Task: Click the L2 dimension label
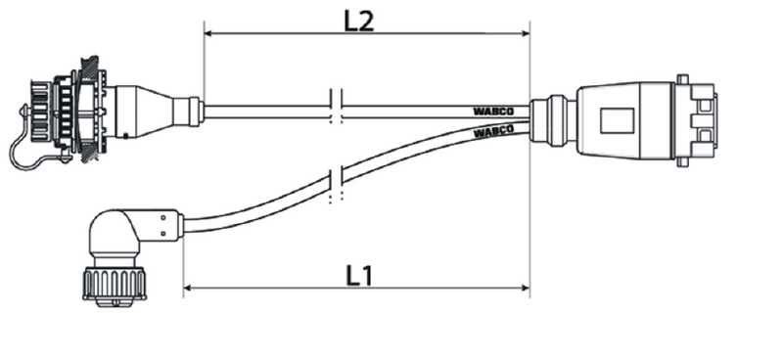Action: (359, 21)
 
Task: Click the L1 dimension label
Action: (359, 275)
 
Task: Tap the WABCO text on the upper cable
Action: (493, 112)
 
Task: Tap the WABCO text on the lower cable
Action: (493, 132)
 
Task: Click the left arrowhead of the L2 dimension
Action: (209, 33)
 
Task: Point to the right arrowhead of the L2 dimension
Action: (525, 33)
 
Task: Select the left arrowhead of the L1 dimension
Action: (189, 288)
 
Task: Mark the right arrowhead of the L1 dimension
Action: (525, 288)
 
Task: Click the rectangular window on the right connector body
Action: (618, 121)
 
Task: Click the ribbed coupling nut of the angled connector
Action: (115, 284)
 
